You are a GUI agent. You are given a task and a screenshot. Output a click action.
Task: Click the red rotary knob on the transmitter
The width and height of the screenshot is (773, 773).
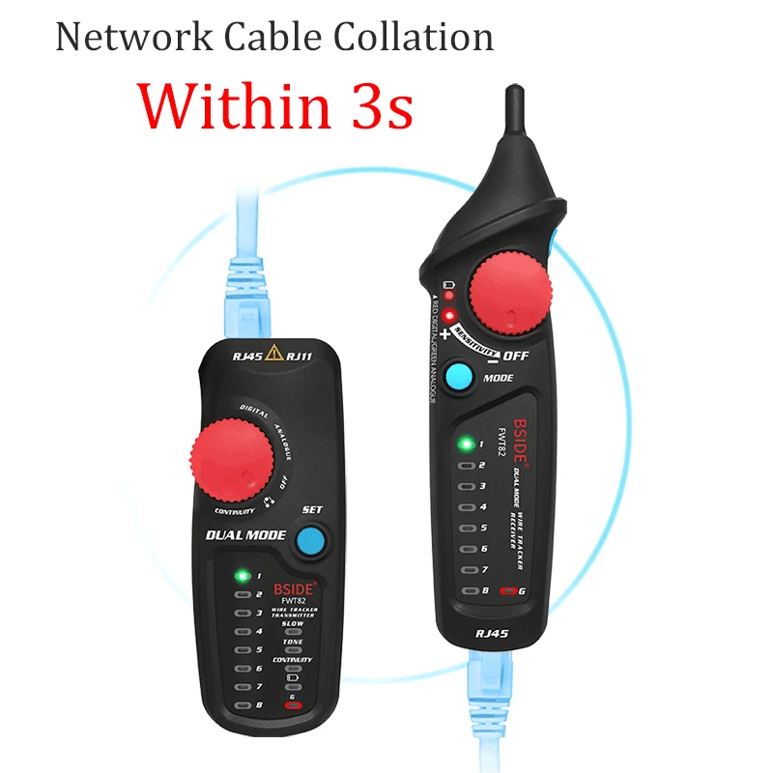pyautogui.click(x=229, y=457)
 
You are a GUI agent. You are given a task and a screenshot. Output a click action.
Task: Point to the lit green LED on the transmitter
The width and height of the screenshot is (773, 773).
pyautogui.click(x=242, y=576)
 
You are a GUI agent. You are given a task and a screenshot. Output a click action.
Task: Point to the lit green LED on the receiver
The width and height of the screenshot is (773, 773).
pyautogui.click(x=466, y=444)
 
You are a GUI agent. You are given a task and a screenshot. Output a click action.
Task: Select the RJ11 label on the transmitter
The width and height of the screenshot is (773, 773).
pyautogui.click(x=301, y=356)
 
